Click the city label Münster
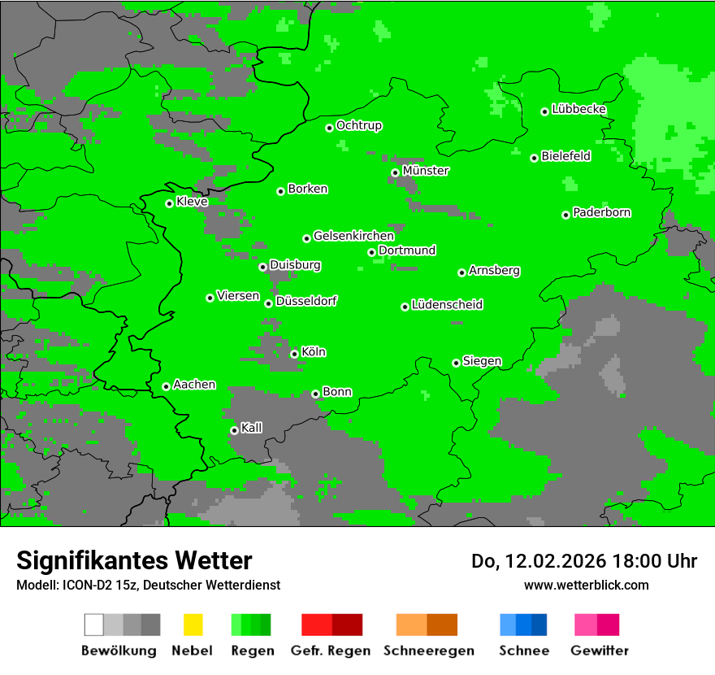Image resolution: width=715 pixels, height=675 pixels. [x=426, y=171]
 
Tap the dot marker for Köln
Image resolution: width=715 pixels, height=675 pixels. [x=294, y=354]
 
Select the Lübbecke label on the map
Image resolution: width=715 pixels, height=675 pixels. [x=578, y=109]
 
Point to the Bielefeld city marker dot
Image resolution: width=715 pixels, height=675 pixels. [x=534, y=158]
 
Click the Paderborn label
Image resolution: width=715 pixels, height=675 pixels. [x=601, y=212]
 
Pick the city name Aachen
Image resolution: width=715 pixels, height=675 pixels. [x=194, y=384]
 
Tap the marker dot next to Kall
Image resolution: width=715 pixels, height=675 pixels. [x=234, y=430]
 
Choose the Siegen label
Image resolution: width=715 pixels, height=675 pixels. [x=482, y=361]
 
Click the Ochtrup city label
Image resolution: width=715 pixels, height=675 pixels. [x=359, y=125]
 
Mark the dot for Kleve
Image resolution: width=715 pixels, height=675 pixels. [x=169, y=203]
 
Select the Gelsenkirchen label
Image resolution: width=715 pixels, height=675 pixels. [x=353, y=236]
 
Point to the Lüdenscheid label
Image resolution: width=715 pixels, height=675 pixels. [x=447, y=304]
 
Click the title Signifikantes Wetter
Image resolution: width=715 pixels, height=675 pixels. [x=134, y=560]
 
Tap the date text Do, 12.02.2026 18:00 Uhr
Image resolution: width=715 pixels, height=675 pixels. [x=584, y=561]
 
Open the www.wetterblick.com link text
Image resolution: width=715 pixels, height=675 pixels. [x=586, y=585]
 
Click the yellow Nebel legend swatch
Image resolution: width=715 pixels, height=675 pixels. [x=193, y=625]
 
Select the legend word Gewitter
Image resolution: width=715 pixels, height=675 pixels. [x=600, y=651]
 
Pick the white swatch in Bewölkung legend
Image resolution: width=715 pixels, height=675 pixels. [x=94, y=625]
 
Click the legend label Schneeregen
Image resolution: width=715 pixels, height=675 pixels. [x=429, y=651]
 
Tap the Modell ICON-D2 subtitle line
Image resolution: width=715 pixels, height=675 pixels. [x=148, y=585]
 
